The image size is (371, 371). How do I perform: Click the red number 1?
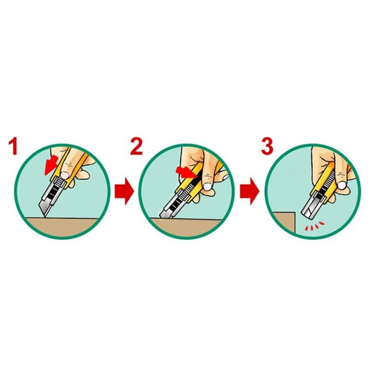click(13, 147)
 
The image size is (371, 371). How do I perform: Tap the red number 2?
click(136, 147)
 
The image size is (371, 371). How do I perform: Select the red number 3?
click(267, 147)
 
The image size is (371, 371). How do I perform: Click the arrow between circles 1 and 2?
click(124, 191)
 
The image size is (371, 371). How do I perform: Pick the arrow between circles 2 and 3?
click(249, 191)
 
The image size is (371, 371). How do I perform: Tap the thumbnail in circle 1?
click(64, 175)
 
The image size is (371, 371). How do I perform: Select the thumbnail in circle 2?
click(208, 186)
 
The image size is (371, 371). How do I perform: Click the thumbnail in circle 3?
click(341, 185)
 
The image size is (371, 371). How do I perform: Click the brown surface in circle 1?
click(62, 227)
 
